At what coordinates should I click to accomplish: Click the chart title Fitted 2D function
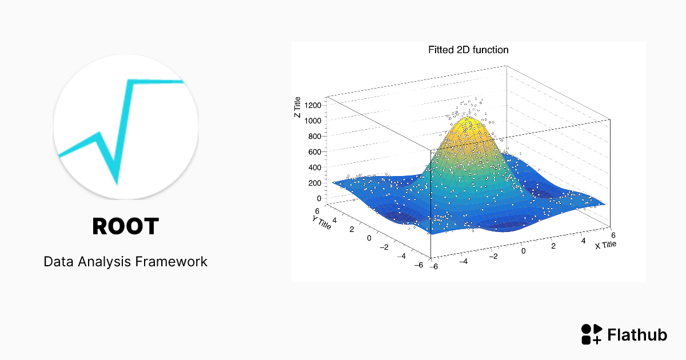click(x=468, y=50)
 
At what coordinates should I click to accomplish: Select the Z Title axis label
click(x=297, y=107)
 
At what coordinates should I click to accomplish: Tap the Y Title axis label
click(x=321, y=222)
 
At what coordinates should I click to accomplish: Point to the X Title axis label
click(x=605, y=245)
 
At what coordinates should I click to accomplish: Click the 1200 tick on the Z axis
click(x=313, y=105)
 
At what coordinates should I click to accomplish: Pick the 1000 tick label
click(x=313, y=121)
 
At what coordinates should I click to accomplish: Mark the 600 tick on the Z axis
click(x=314, y=152)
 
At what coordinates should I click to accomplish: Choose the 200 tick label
click(x=314, y=183)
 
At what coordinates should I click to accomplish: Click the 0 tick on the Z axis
click(x=319, y=199)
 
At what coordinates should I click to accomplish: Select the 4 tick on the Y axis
click(x=334, y=220)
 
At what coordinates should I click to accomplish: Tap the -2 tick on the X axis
click(x=493, y=257)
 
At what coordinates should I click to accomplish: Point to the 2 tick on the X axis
click(x=553, y=246)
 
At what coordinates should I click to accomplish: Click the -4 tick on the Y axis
click(x=401, y=256)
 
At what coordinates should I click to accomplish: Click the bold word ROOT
click(x=126, y=226)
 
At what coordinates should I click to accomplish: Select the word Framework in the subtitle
click(x=171, y=262)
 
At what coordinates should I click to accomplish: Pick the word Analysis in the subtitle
click(x=105, y=262)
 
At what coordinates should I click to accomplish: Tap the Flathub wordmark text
click(x=637, y=335)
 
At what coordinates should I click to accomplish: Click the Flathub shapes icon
click(x=592, y=334)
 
